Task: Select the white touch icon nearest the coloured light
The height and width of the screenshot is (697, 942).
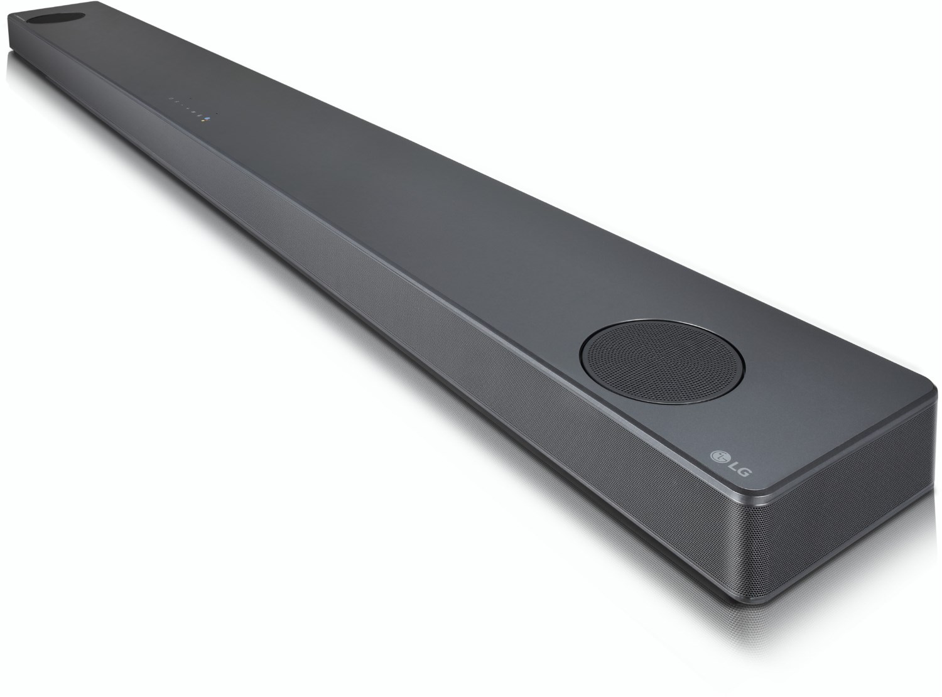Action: pos(200,116)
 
